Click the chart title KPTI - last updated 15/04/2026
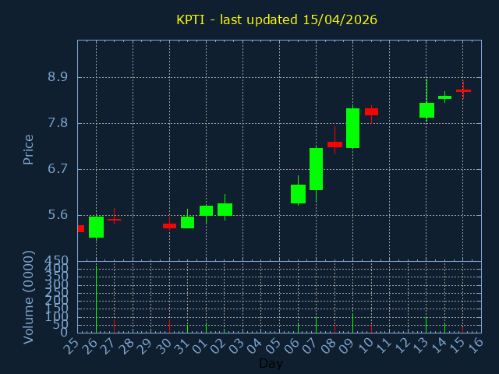point(276,19)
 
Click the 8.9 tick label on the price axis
point(58,77)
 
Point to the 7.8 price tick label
point(58,123)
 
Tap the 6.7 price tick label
point(58,169)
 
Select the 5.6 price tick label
point(58,215)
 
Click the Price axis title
point(29,149)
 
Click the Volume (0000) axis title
point(29,297)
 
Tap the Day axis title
point(271,364)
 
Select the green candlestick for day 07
point(316,169)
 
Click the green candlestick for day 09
point(352,128)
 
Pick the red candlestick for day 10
point(371,111)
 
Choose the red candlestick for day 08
point(334,144)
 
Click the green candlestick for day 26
point(96,227)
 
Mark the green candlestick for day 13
point(426,110)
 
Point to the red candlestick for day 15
point(463,90)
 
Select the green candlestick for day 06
point(298,194)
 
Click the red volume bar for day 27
point(114,325)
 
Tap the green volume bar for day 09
point(352,323)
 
